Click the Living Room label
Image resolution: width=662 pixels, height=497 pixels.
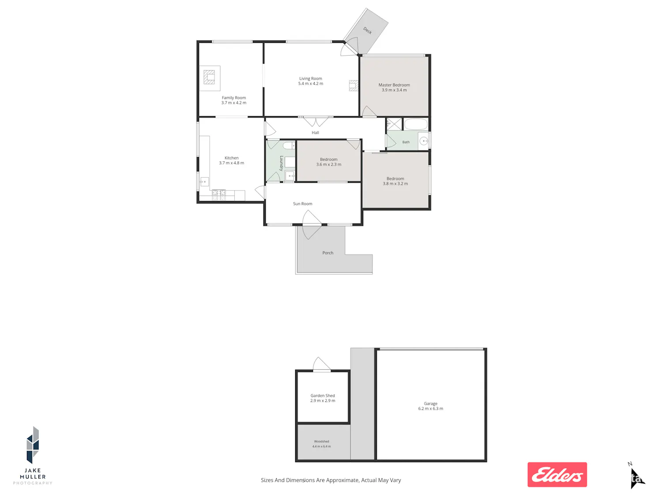(x=310, y=79)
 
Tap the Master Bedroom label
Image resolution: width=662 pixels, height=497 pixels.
(x=394, y=85)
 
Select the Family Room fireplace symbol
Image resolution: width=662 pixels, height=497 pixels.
(x=209, y=77)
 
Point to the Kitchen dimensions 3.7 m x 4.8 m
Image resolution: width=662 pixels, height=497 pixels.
(x=231, y=163)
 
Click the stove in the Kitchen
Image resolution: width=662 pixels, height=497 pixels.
(x=219, y=195)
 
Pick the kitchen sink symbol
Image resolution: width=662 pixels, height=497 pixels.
(x=204, y=182)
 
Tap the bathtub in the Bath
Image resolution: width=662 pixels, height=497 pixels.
(x=416, y=124)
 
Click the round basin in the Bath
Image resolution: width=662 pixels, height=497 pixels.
(x=424, y=141)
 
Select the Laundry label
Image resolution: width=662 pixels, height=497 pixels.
(x=282, y=163)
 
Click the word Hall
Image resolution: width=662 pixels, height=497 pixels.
(x=315, y=133)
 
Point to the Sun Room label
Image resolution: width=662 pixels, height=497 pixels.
(x=302, y=204)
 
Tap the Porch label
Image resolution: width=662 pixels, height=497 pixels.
(x=328, y=253)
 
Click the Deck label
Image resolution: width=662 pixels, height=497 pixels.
(x=367, y=30)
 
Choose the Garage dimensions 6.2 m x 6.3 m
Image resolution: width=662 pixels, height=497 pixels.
(x=430, y=409)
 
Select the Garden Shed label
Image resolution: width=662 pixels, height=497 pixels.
(x=323, y=395)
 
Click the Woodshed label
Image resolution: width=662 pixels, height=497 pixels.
(x=321, y=441)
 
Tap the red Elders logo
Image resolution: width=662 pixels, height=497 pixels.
(x=557, y=474)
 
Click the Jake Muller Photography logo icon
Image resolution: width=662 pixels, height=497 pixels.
(x=33, y=445)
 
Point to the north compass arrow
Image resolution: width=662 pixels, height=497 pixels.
(x=636, y=478)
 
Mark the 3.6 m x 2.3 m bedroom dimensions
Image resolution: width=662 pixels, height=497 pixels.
(x=329, y=164)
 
